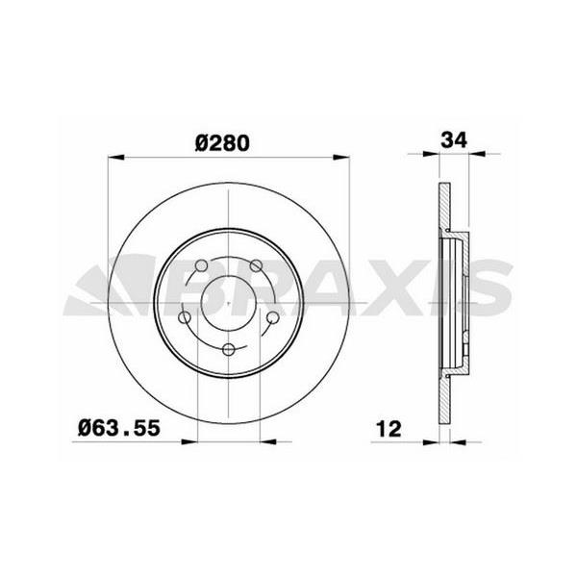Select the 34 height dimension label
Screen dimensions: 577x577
(453, 138)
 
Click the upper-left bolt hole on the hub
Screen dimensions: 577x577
(201, 267)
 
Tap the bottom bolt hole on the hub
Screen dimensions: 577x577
(229, 350)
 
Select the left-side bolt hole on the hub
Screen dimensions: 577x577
(185, 317)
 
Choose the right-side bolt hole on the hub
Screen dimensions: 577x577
(272, 317)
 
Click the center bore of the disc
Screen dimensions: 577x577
(229, 306)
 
